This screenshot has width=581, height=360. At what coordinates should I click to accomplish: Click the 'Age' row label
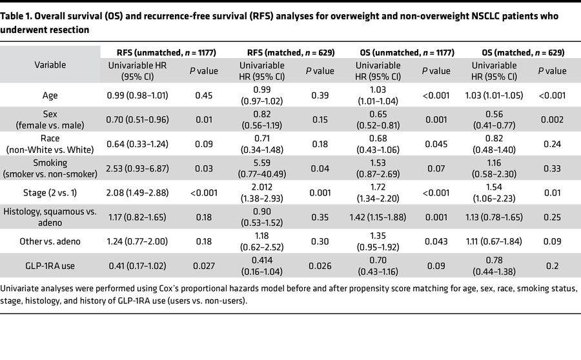click(x=50, y=95)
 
